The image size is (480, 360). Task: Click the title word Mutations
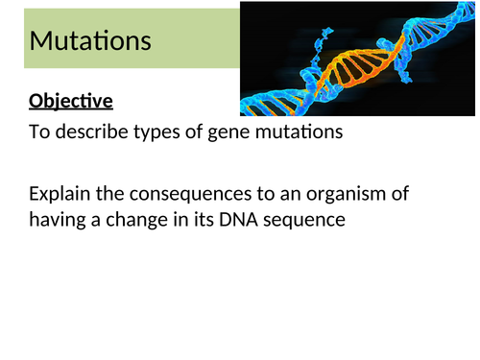[90, 41]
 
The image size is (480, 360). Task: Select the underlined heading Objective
[71, 101]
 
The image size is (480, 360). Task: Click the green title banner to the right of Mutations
[192, 41]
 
